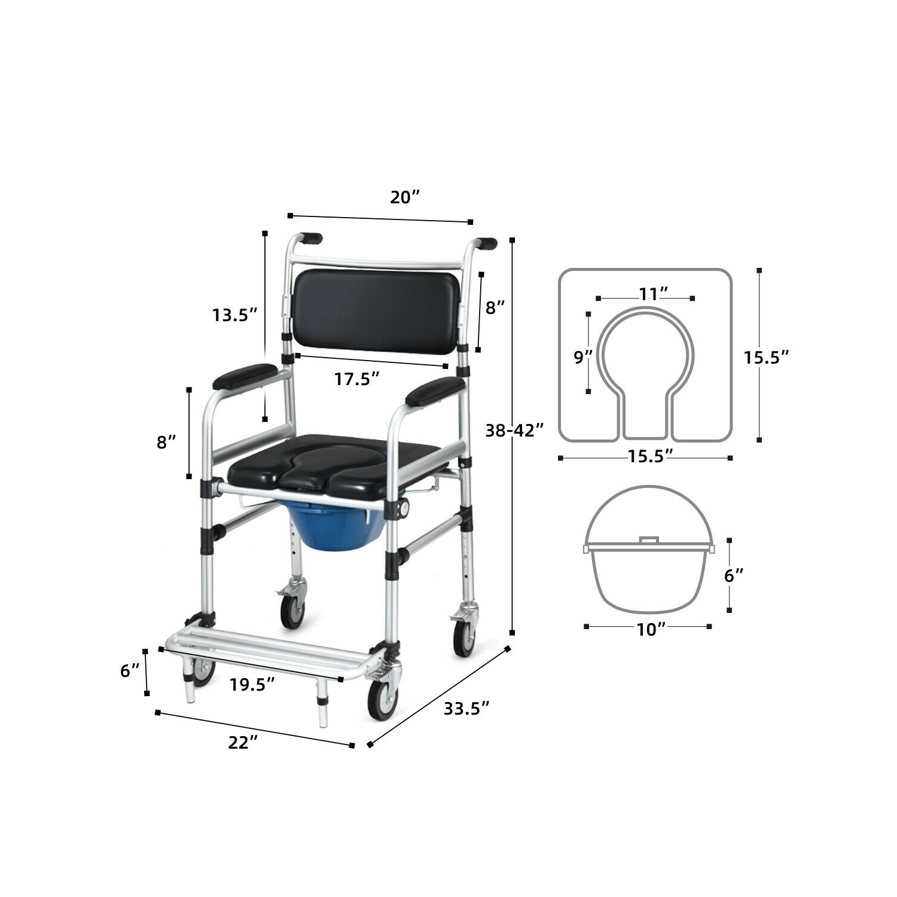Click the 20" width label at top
tap(405, 197)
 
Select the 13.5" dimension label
tap(234, 315)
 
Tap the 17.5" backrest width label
tap(356, 379)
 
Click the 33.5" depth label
tap(466, 708)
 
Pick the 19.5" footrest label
tap(252, 685)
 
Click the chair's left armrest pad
tap(246, 376)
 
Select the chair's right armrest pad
tap(435, 391)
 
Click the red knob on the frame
tap(405, 508)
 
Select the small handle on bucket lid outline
tap(648, 540)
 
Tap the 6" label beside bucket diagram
tap(733, 575)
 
